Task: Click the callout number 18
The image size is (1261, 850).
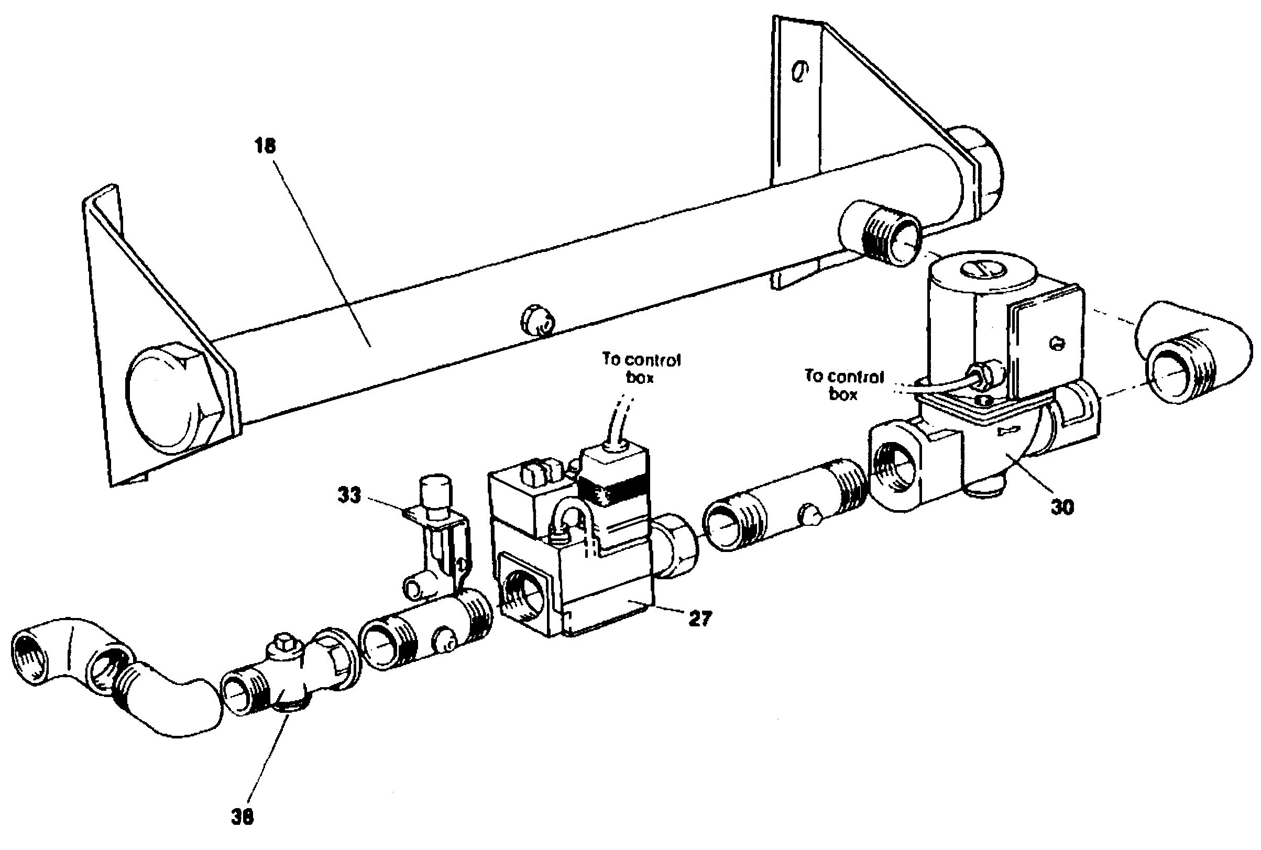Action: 265,146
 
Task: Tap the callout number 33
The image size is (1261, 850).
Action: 349,495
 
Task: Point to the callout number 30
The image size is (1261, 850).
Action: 1062,507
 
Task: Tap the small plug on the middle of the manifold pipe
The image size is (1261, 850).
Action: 536,321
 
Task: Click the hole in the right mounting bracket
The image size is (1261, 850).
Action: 798,71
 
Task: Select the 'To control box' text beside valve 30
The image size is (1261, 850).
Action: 843,385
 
